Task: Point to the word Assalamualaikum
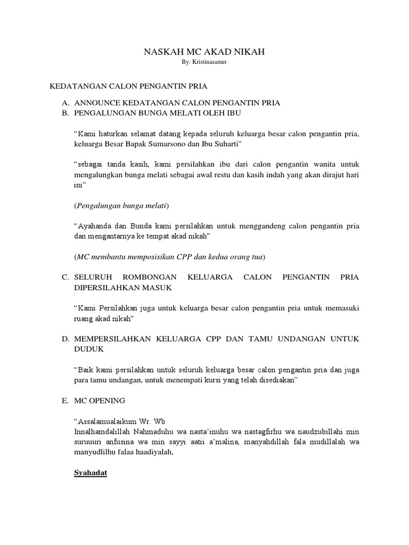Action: click(106, 421)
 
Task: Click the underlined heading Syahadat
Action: click(91, 472)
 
